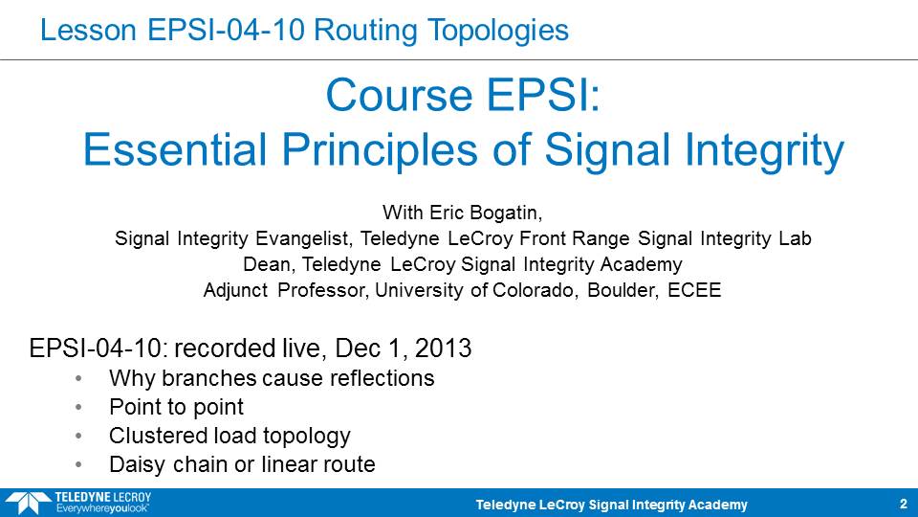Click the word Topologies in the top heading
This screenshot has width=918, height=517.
pyautogui.click(x=497, y=31)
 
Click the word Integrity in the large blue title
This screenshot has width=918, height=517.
pyautogui.click(x=765, y=152)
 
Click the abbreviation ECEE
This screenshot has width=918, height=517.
pyautogui.click(x=694, y=290)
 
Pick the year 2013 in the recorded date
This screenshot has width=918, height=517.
pyautogui.click(x=443, y=348)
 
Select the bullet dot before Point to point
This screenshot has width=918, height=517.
pyautogui.click(x=78, y=408)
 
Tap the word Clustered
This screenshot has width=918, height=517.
pyautogui.click(x=158, y=436)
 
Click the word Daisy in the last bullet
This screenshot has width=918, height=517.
pyautogui.click(x=137, y=465)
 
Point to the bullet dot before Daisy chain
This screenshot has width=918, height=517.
pyautogui.click(x=78, y=465)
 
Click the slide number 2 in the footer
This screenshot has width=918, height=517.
pyautogui.click(x=904, y=504)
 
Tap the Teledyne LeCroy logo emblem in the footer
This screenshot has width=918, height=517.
pyautogui.click(x=28, y=504)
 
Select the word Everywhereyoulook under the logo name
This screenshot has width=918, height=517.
pyautogui.click(x=102, y=508)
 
